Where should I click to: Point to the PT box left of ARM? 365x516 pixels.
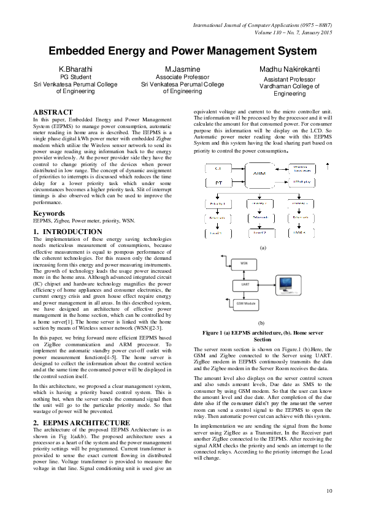coord(210,183)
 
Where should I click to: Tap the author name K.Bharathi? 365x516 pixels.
coord(75,70)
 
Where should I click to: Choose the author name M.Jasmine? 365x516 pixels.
coord(182,70)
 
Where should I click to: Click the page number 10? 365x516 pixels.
coord(330,490)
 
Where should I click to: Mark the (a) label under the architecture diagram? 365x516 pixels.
coord(263,247)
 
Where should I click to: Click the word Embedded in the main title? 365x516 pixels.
coord(83,51)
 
